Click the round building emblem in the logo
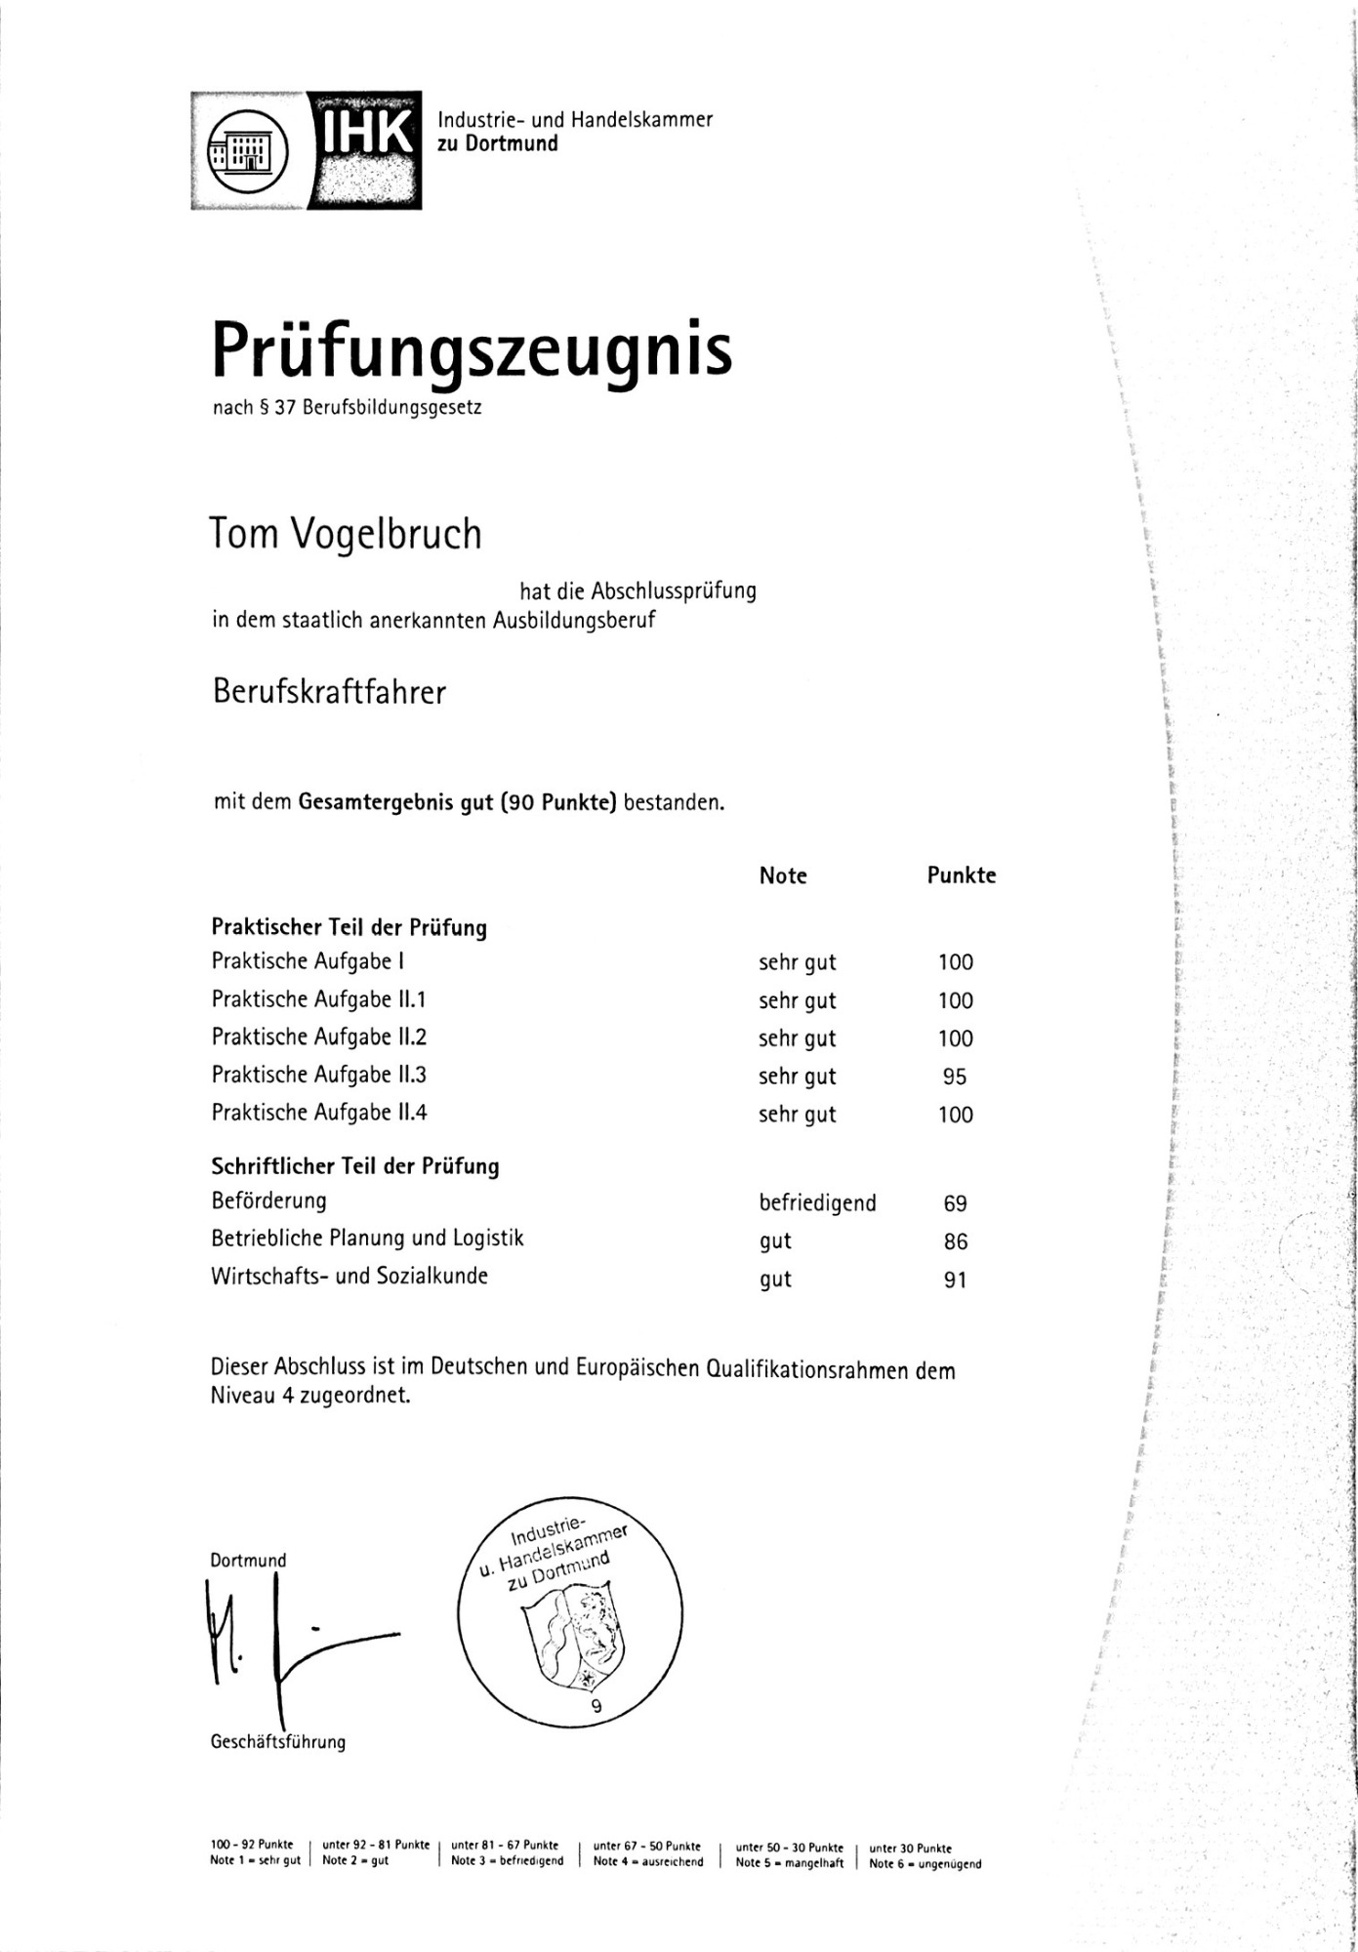pos(249,150)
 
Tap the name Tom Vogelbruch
pos(347,534)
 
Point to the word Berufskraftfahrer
pos(329,692)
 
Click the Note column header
pos(782,875)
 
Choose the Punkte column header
pos(961,875)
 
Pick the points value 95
pos(955,1077)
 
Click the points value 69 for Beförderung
pos(955,1203)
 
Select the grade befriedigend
pos(817,1203)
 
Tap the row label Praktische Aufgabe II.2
pos(319,1037)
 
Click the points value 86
pos(956,1241)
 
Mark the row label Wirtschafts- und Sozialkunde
pos(350,1276)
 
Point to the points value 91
pos(955,1280)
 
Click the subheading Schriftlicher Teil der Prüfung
pos(355,1165)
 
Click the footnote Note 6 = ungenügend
pos(926,1863)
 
